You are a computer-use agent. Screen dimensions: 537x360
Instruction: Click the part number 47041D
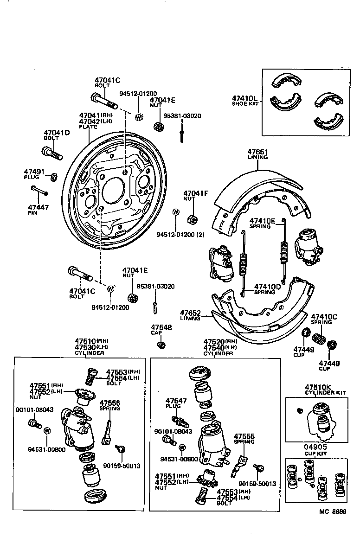coord(57,133)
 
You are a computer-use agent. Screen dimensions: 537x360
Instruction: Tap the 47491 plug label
coord(34,173)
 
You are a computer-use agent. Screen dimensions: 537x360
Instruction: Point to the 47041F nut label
coord(195,193)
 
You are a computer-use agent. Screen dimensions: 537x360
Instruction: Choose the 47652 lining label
coord(190,313)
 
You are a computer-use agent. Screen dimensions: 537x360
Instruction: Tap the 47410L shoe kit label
coord(244,98)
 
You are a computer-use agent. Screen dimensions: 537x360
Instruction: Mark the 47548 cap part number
coord(161,327)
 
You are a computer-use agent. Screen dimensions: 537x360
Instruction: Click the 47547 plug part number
coord(176,400)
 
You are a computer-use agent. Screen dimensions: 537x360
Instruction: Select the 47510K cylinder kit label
coord(319,387)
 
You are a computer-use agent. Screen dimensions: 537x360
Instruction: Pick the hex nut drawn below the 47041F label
coord(191,218)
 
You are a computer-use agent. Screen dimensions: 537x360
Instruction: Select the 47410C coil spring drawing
coord(318,337)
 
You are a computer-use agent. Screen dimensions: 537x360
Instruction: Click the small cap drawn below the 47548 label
coord(161,345)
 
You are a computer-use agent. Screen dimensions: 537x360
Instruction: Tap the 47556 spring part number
coord(110,403)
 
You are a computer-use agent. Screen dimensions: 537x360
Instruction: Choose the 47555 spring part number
coord(244,436)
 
